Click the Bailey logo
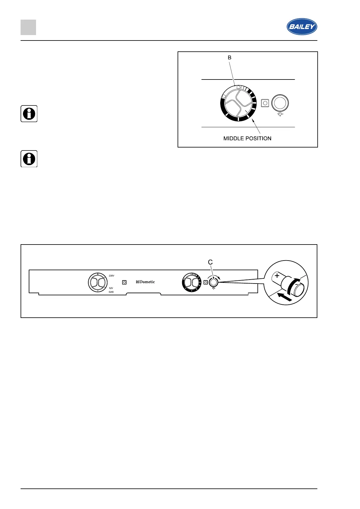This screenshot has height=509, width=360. coord(302,27)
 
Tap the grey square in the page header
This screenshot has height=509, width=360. coord(28,27)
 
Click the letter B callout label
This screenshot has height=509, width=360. coord(230,57)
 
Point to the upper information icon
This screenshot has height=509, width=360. coord(29,114)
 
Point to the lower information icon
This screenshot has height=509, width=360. coord(29,159)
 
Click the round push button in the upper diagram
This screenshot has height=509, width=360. coord(280,103)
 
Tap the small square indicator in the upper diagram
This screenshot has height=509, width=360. coord(265,103)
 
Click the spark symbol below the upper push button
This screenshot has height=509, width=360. coord(280,115)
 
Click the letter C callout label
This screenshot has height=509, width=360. coord(210,262)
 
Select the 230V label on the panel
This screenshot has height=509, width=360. coord(111,276)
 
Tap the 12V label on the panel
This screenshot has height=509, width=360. coord(111,288)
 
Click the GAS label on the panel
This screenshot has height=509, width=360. coord(111,292)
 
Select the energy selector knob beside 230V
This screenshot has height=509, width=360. coord(98,282)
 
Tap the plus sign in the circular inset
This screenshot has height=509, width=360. coord(277,276)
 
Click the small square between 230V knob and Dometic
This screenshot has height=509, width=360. coord(124,282)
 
